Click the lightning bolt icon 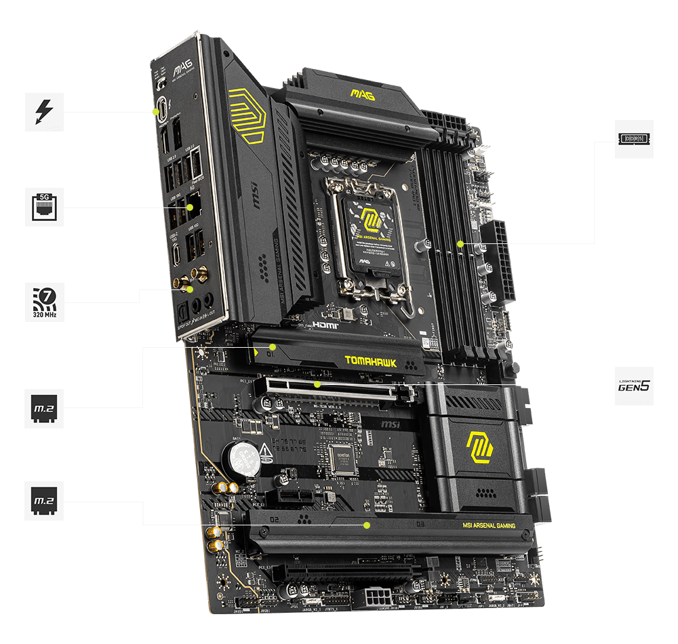tap(44, 112)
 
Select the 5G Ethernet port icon tap(44, 207)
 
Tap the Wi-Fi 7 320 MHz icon tap(44, 302)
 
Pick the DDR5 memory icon tap(634, 139)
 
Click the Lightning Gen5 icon tap(634, 386)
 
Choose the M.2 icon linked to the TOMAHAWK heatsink tap(44, 407)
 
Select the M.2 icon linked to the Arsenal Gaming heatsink tap(44, 501)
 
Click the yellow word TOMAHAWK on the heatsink tap(370, 361)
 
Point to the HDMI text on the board tap(325, 325)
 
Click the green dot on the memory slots tap(460, 243)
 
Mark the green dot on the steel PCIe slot tap(317, 384)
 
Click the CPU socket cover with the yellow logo tap(372, 230)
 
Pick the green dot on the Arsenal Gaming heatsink tap(366, 525)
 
